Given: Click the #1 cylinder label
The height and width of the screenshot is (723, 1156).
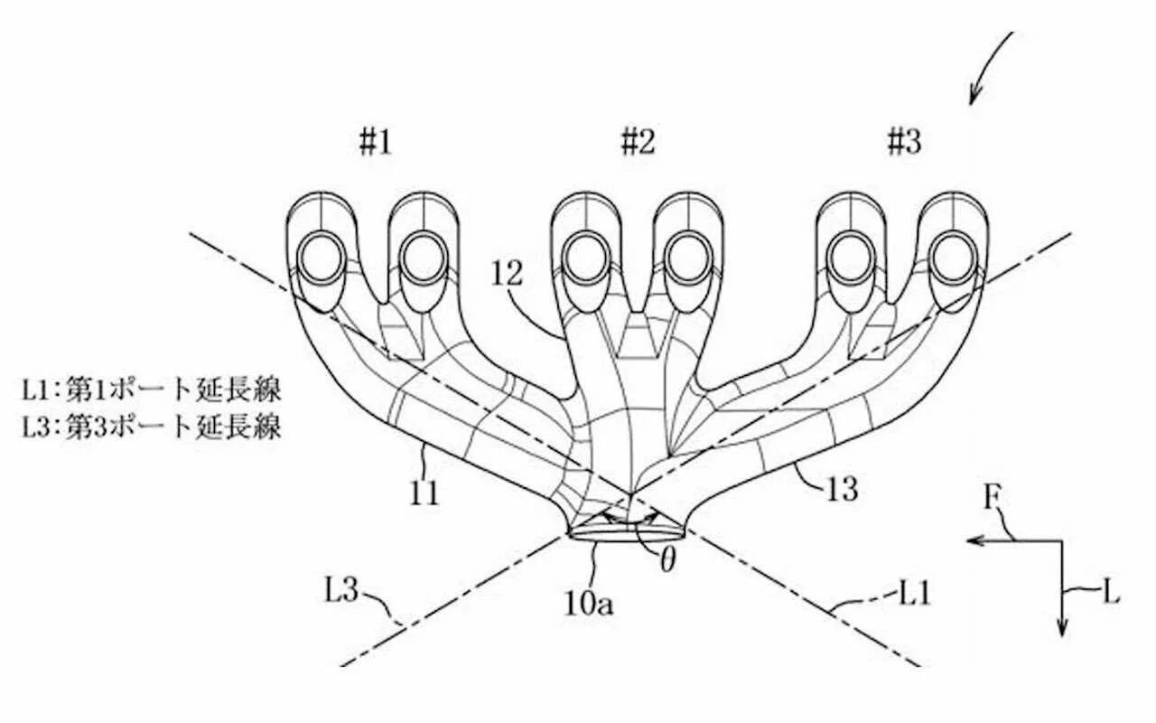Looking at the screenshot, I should pos(375,143).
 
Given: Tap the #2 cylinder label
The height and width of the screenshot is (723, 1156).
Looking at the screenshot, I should pos(638,142).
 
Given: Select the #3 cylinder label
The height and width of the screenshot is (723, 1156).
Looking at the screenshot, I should pos(903,142).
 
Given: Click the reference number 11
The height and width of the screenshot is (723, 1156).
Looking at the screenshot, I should pos(423,493).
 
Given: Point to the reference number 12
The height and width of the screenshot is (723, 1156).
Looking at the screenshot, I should pos(508,275).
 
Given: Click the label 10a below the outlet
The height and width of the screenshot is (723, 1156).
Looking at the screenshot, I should pos(589,603).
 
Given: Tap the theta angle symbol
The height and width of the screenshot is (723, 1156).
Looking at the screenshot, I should pos(667,561).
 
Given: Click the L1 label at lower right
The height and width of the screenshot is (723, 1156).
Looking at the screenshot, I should pos(913,593).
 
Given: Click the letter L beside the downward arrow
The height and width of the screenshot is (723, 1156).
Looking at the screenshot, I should pos(1111,593).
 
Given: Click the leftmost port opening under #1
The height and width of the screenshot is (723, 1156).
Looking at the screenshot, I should pos(318,258).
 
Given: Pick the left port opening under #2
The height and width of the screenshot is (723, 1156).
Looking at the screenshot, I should pos(584,258).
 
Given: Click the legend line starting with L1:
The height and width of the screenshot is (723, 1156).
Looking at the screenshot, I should pos(152,391).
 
